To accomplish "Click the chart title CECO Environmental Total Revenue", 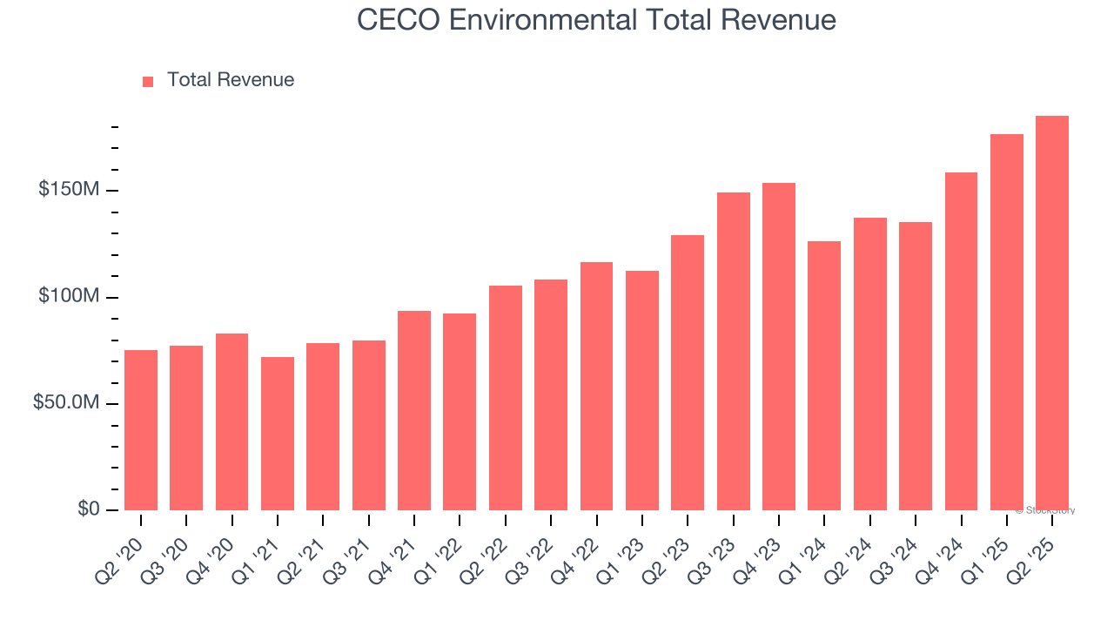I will (x=597, y=20).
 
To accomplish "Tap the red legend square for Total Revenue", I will (x=148, y=81).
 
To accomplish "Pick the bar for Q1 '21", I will (x=278, y=433).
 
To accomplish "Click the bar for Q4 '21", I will (x=414, y=410).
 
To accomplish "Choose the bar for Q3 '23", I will (x=734, y=351).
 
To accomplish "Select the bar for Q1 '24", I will (x=824, y=375).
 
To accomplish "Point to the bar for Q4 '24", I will (x=961, y=341).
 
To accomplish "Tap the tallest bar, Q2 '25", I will (x=1052, y=313).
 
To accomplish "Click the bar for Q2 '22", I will (x=506, y=397).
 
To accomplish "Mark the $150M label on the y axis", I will (x=68, y=190).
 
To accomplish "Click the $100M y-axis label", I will (x=68, y=297).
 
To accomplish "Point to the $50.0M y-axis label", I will (x=64, y=403).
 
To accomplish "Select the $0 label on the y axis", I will (x=88, y=509).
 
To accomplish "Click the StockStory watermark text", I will (x=1047, y=510).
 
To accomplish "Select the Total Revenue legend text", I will (x=231, y=80).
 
